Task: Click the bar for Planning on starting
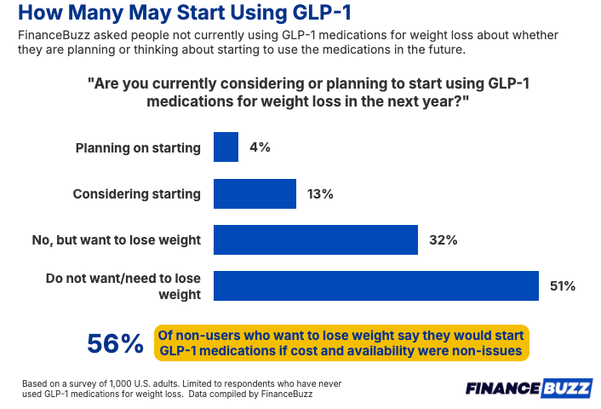click(226, 147)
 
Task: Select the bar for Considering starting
click(255, 193)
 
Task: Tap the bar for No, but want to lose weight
click(315, 239)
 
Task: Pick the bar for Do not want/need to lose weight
click(375, 285)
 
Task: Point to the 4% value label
click(260, 147)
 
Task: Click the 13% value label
click(321, 193)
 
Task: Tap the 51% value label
click(563, 285)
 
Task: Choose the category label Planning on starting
click(138, 147)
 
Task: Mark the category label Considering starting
click(136, 193)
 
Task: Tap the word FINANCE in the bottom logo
click(503, 389)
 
